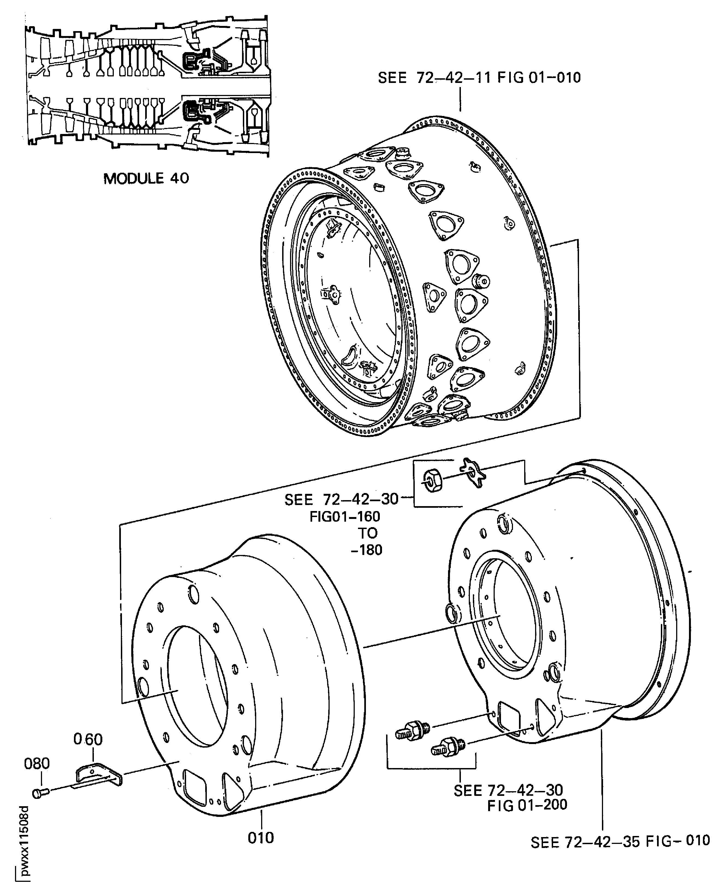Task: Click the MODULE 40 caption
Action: tap(146, 179)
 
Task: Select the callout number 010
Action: tap(261, 837)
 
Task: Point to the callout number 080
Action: tap(37, 763)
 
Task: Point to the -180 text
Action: tap(366, 550)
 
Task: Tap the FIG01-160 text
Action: tap(345, 516)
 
